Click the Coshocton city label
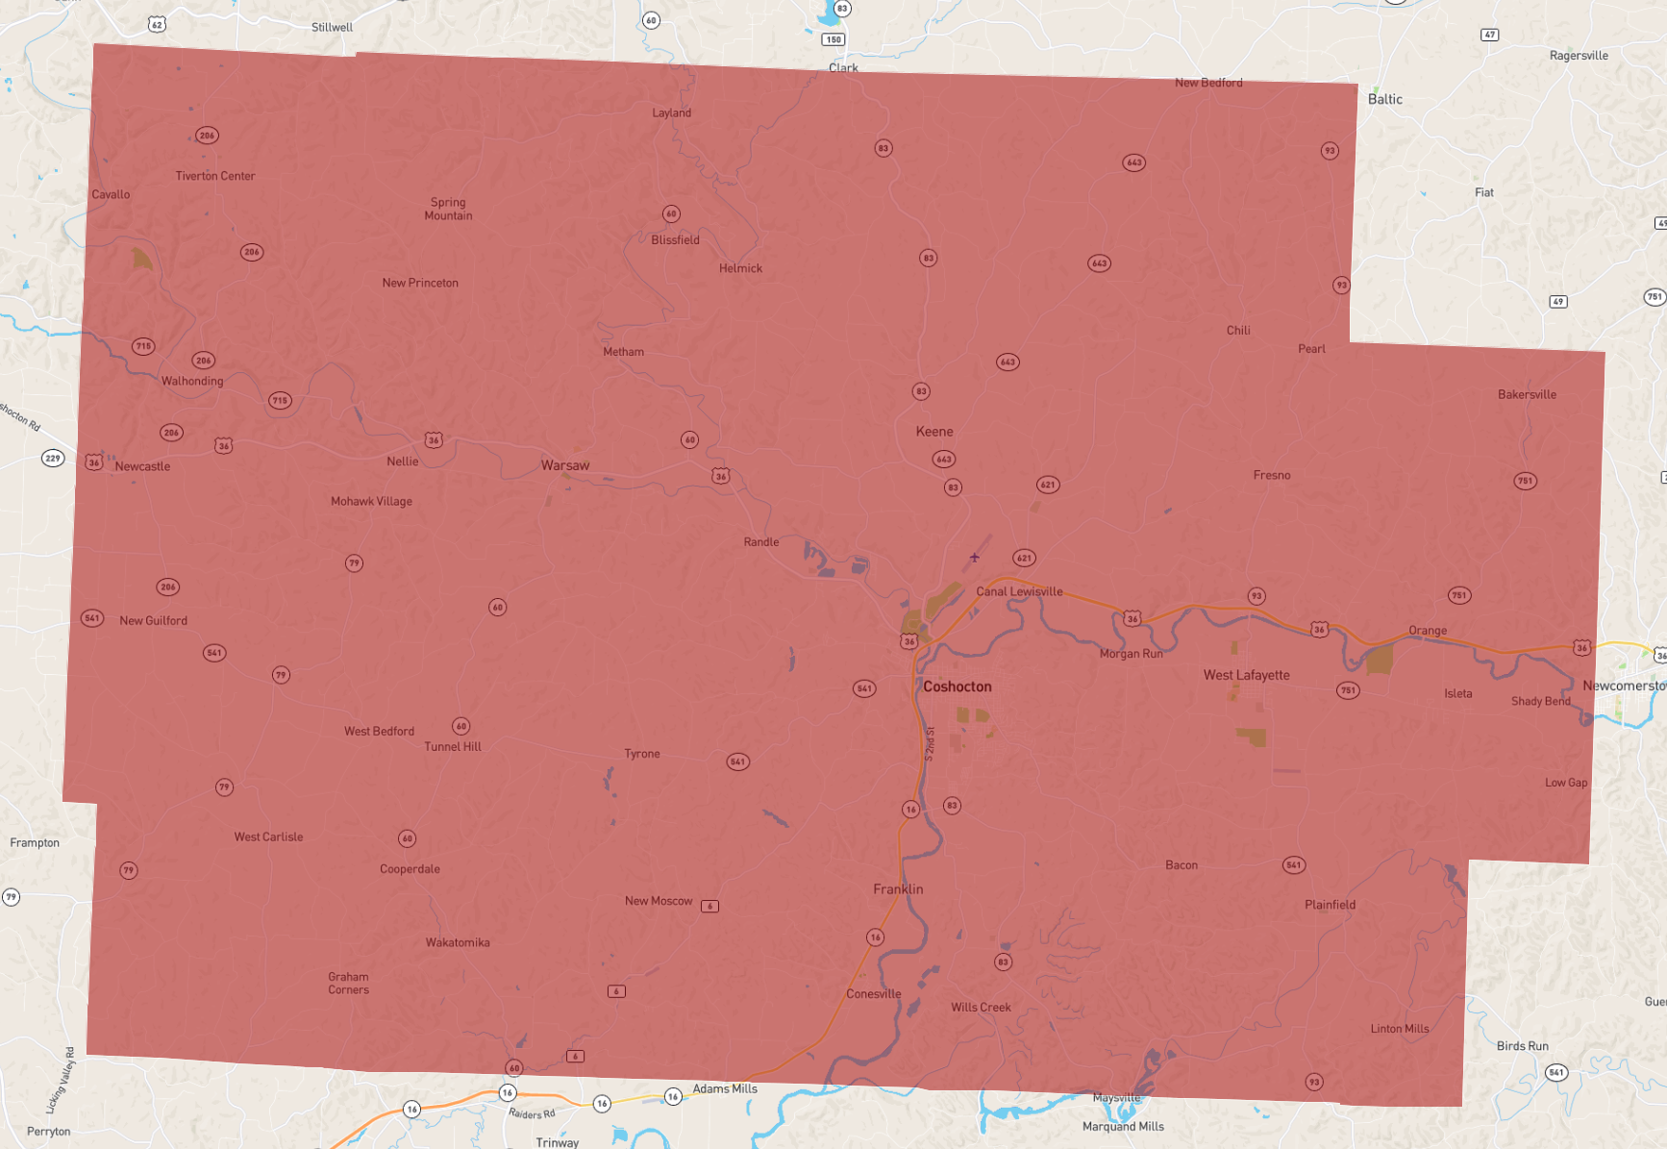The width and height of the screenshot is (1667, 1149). pyautogui.click(x=957, y=687)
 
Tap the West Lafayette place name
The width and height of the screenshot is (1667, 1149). pyautogui.click(x=1246, y=675)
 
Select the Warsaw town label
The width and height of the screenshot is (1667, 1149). pyautogui.click(x=565, y=465)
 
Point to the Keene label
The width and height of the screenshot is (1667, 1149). pyautogui.click(x=934, y=432)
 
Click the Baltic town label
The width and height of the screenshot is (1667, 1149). pyautogui.click(x=1384, y=99)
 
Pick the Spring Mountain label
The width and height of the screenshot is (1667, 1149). pyautogui.click(x=448, y=209)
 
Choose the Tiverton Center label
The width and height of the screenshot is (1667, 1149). pyautogui.click(x=215, y=176)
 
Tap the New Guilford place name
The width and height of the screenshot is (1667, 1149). pyautogui.click(x=154, y=621)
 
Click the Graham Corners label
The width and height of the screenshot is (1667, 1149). pyautogui.click(x=348, y=983)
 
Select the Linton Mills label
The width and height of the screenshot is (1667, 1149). pyautogui.click(x=1399, y=1029)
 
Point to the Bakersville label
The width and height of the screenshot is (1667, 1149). pyautogui.click(x=1527, y=394)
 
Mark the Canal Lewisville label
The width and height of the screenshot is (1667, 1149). pyautogui.click(x=1019, y=591)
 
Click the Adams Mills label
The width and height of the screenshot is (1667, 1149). pyautogui.click(x=725, y=1088)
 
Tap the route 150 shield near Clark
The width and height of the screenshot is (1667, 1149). pyautogui.click(x=833, y=39)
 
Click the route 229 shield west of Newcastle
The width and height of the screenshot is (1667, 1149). pyautogui.click(x=53, y=458)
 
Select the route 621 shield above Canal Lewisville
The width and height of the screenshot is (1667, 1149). pyautogui.click(x=1024, y=558)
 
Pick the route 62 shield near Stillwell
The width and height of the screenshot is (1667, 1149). pyautogui.click(x=157, y=24)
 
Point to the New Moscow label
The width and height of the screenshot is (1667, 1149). pyautogui.click(x=659, y=901)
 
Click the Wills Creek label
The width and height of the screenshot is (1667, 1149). pyautogui.click(x=981, y=1008)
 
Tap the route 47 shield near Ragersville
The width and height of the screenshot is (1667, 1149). pyautogui.click(x=1489, y=35)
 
